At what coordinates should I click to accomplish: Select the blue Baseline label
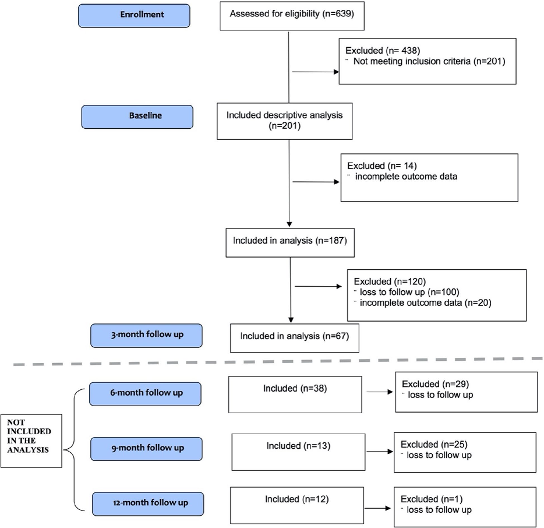pyautogui.click(x=145, y=116)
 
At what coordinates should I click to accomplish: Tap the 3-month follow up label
pyautogui.click(x=146, y=335)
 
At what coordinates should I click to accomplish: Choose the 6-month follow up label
pyautogui.click(x=145, y=393)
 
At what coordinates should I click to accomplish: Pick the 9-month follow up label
pyautogui.click(x=146, y=448)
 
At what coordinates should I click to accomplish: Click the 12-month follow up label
pyautogui.click(x=148, y=503)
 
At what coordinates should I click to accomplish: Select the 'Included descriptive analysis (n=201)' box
pyautogui.click(x=284, y=120)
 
